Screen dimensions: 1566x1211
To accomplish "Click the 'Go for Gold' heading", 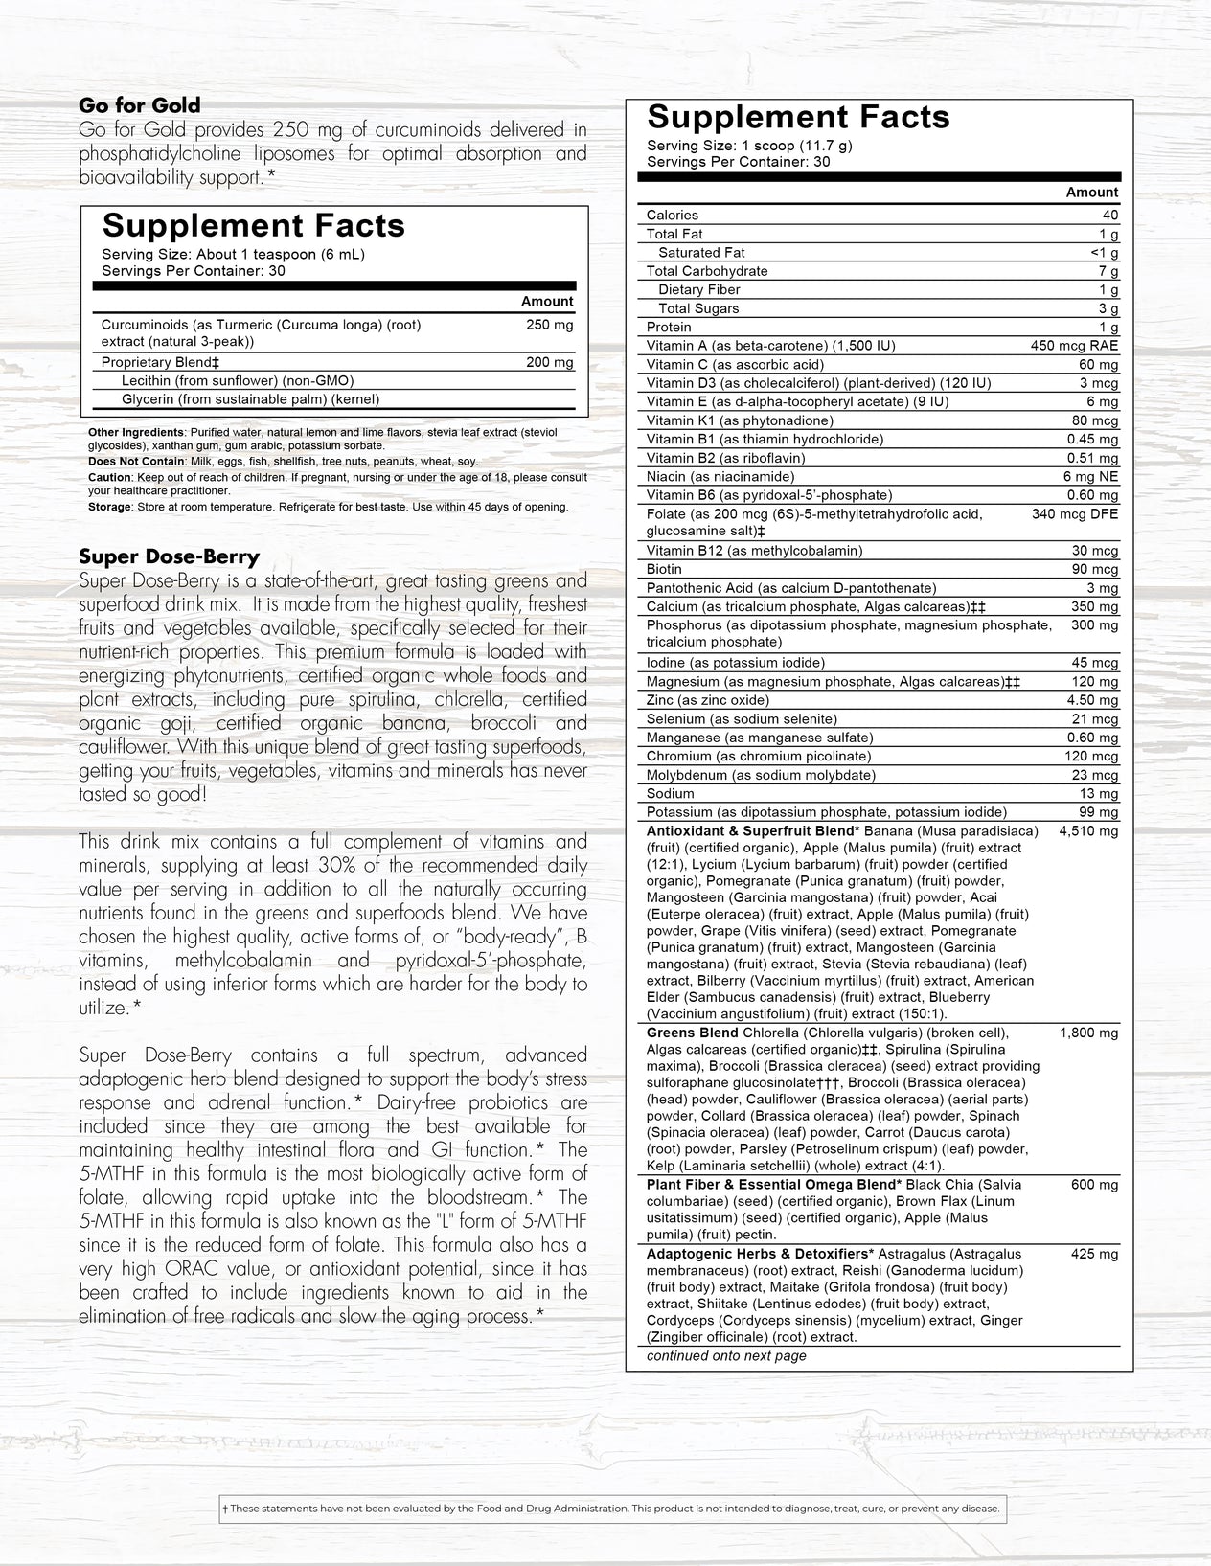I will coord(140,105).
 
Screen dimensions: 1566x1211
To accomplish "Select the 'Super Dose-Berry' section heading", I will coord(169,556).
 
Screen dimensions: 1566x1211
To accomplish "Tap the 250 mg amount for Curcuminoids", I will coord(550,325).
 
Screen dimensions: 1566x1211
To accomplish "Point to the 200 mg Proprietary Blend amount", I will coord(550,362).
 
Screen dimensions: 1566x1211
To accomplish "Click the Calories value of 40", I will coord(1109,216).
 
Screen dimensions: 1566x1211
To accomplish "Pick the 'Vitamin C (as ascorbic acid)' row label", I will coord(735,364).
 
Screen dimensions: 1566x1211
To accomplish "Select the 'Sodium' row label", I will coord(671,793).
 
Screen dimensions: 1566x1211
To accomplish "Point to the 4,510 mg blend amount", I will coord(1088,831).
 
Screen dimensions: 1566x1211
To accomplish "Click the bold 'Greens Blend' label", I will coord(692,1033).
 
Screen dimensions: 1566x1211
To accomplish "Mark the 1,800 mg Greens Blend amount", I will coord(1088,1033).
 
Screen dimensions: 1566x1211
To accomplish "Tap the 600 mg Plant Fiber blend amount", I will coord(1094,1185).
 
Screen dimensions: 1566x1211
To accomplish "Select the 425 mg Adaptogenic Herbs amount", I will coord(1094,1254).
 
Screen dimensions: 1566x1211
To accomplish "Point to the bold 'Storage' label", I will coord(109,507).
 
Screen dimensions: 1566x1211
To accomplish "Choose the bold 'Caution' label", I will coord(109,477).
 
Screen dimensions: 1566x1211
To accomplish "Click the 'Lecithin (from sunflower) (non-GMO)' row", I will coord(238,380).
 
